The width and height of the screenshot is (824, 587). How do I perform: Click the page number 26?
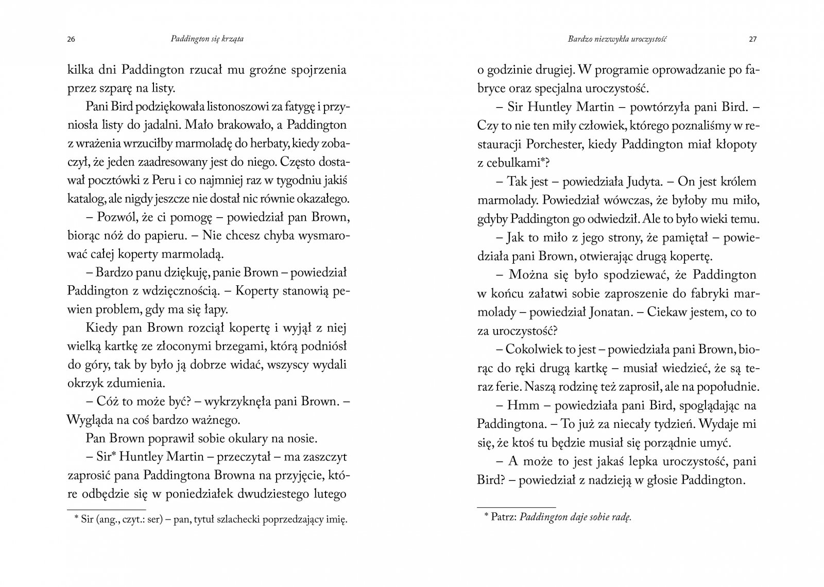click(x=71, y=40)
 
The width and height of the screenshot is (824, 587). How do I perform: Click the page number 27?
click(x=752, y=40)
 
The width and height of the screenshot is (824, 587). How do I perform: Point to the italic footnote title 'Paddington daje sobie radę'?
click(x=575, y=519)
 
